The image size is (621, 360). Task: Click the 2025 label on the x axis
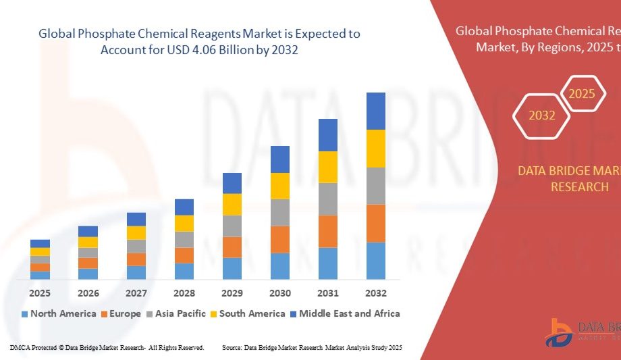pyautogui.click(x=40, y=293)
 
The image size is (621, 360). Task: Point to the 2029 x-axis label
pyautogui.click(x=232, y=293)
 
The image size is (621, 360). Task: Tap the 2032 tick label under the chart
pyautogui.click(x=376, y=293)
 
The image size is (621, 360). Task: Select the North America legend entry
pyautogui.click(x=59, y=313)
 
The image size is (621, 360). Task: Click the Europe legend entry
pyautogui.click(x=121, y=313)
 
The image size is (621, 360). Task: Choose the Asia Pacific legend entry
pyautogui.click(x=178, y=313)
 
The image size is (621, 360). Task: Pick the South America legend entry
pyautogui.click(x=247, y=313)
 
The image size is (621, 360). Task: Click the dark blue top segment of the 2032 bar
pyautogui.click(x=376, y=111)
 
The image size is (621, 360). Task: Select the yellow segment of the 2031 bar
pyautogui.click(x=328, y=167)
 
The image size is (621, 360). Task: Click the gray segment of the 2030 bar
pyautogui.click(x=280, y=212)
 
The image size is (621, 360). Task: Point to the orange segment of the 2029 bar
pyautogui.click(x=232, y=247)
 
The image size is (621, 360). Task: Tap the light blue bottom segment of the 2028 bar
pyautogui.click(x=184, y=271)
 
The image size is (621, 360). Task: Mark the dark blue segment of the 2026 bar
pyautogui.click(x=88, y=231)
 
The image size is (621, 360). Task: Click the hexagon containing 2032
pyautogui.click(x=542, y=115)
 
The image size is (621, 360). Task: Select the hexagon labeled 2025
pyautogui.click(x=582, y=94)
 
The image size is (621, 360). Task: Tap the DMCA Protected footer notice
pyautogui.click(x=107, y=347)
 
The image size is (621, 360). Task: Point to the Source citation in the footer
pyautogui.click(x=312, y=347)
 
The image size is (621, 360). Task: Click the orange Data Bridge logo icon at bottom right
pyautogui.click(x=559, y=332)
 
